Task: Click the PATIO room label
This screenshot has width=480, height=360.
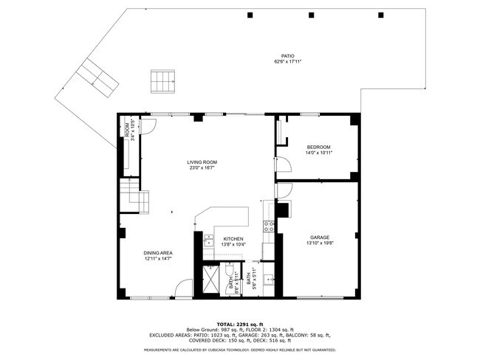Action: click(287, 56)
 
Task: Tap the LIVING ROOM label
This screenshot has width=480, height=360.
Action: click(201, 162)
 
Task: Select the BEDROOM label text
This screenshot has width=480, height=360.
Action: click(318, 147)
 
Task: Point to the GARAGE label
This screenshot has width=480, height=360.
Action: click(320, 238)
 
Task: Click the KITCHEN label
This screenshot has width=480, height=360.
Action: click(234, 239)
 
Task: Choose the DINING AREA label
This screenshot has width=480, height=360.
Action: click(158, 253)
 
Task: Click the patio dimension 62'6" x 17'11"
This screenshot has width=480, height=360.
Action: click(287, 62)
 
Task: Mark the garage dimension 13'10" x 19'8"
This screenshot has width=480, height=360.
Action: click(320, 243)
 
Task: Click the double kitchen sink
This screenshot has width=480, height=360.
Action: click(208, 241)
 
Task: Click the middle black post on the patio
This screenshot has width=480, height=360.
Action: click(315, 15)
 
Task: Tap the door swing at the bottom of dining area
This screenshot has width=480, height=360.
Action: click(183, 289)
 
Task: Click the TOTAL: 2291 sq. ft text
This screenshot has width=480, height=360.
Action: click(240, 324)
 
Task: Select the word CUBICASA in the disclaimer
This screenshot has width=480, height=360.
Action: click(212, 350)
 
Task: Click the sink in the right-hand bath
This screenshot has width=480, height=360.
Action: click(270, 280)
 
